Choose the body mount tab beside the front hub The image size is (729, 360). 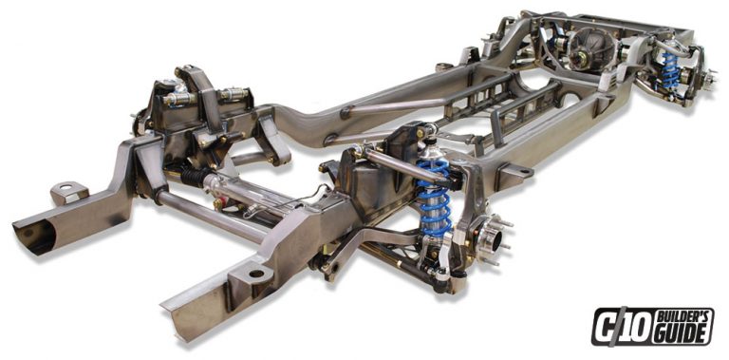click(512, 173)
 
